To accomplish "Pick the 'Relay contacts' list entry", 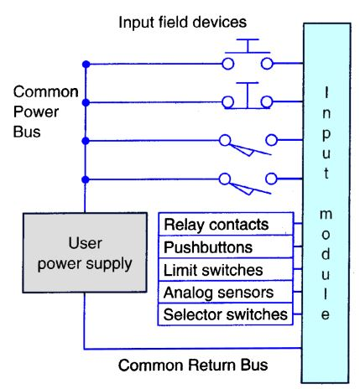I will click(217, 224).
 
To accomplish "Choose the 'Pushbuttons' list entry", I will click(209, 247).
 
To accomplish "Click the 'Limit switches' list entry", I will click(213, 269).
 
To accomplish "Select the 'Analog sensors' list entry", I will click(218, 292).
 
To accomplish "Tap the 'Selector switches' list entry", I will click(226, 314).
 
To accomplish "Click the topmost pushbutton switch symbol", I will click(248, 59).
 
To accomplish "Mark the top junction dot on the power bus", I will click(84, 64).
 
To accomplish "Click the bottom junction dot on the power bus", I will click(84, 179).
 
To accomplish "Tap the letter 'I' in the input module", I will click(327, 92).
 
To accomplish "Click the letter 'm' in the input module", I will click(327, 215).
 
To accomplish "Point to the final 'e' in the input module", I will click(327, 316).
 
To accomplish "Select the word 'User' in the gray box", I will click(84, 244).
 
